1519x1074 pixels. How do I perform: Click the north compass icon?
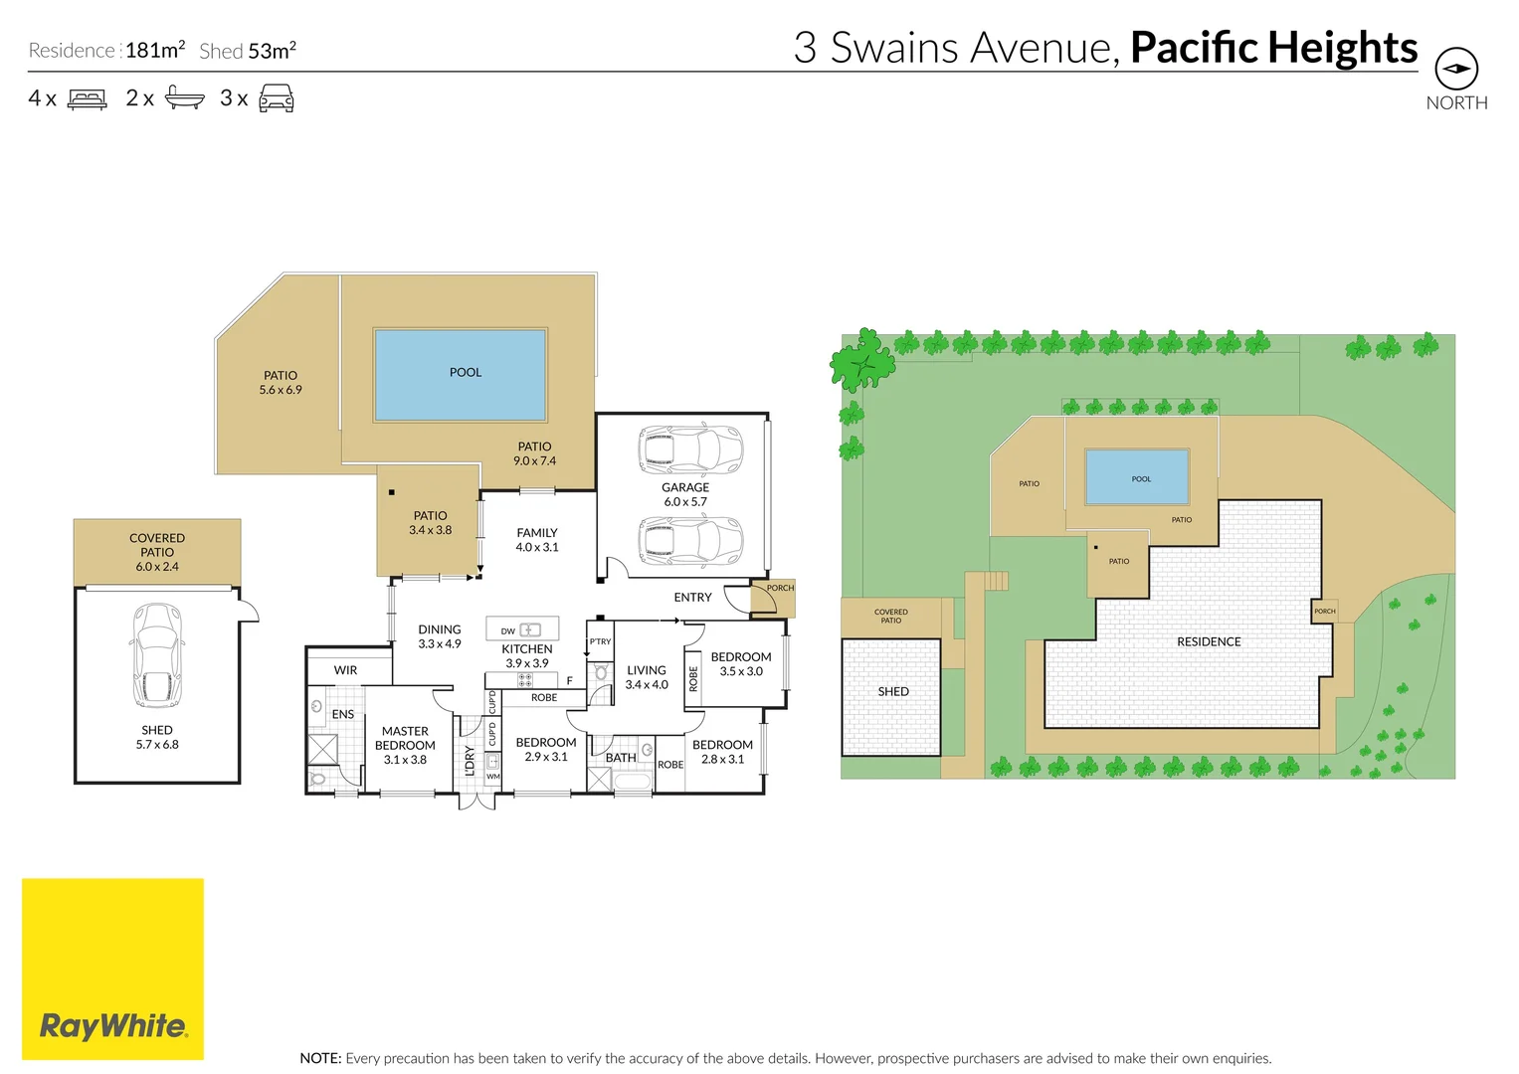(x=1455, y=70)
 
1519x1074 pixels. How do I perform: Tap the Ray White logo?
(x=112, y=1025)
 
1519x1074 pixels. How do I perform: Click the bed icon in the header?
(x=87, y=98)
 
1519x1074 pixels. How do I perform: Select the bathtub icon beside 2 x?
(x=184, y=97)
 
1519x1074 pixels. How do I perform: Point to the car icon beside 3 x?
(x=276, y=98)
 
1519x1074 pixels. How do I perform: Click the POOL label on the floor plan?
(x=465, y=372)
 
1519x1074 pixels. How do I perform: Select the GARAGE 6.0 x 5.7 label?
(x=685, y=494)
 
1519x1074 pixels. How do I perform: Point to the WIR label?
(x=345, y=670)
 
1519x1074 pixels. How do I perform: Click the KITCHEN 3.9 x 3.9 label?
(x=526, y=655)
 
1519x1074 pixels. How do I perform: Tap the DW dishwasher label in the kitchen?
(x=507, y=631)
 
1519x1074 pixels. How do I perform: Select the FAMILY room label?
(x=537, y=540)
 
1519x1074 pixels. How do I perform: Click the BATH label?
(x=621, y=758)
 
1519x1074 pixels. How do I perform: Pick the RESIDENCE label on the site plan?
(x=1209, y=641)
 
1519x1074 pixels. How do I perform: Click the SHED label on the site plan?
(x=893, y=691)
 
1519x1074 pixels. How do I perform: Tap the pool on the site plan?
(x=1137, y=477)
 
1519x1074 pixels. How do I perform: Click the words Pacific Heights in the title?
(x=1273, y=47)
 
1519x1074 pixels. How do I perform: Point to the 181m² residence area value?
(x=155, y=50)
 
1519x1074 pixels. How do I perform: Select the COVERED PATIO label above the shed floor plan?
(x=157, y=552)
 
